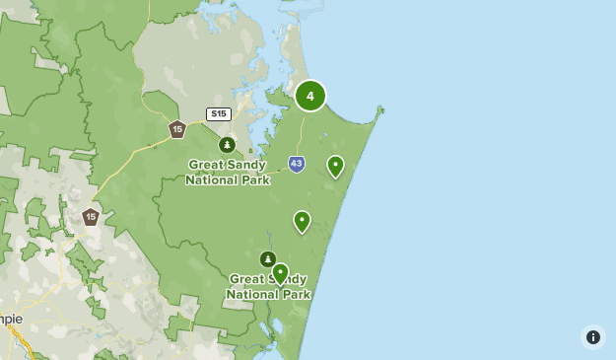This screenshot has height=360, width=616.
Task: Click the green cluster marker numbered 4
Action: click(310, 96)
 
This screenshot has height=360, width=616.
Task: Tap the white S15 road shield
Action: click(218, 114)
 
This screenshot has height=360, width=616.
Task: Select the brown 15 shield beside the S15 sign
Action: click(177, 129)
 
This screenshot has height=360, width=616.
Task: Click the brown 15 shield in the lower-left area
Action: click(91, 216)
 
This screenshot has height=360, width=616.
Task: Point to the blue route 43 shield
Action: click(297, 164)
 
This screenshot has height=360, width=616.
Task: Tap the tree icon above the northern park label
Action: click(227, 145)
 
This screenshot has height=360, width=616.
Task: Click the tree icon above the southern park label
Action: click(267, 259)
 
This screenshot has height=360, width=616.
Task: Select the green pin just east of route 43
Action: click(335, 166)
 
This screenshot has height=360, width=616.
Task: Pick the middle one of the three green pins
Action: click(302, 221)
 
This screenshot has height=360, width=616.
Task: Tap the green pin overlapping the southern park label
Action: click(280, 273)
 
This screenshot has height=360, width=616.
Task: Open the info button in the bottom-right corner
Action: click(592, 337)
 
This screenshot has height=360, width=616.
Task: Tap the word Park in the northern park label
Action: click(254, 180)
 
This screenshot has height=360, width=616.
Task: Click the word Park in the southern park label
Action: click(295, 294)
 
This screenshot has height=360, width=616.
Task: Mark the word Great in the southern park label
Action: click(248, 279)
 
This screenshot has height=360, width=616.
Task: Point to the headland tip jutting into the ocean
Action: click(381, 108)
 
